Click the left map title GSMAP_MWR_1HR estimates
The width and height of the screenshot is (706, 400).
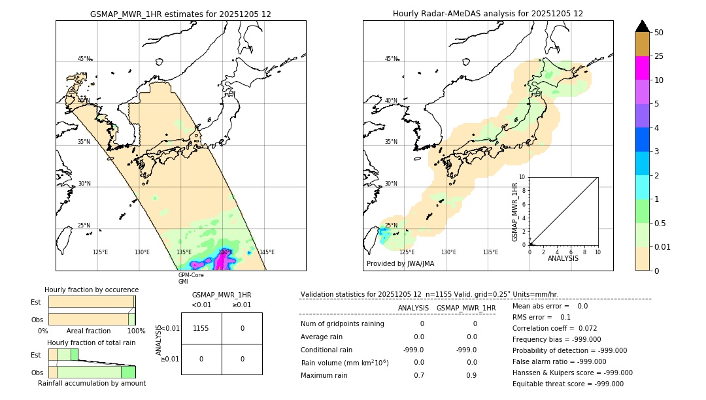(x=180, y=14)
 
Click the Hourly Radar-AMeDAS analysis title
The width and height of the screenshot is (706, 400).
(x=488, y=14)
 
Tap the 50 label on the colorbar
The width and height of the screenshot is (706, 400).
(x=659, y=33)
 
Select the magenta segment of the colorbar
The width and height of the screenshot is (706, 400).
(x=642, y=68)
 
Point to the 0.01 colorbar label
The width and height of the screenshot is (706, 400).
(x=663, y=247)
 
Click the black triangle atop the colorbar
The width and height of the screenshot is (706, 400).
(x=642, y=26)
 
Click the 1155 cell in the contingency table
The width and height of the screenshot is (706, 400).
(x=201, y=328)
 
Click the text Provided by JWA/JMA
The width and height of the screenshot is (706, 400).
(x=400, y=263)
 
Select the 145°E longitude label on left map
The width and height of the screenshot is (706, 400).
(x=266, y=252)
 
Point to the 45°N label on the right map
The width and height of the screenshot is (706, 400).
(x=391, y=59)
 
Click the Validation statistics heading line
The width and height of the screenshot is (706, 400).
(x=429, y=295)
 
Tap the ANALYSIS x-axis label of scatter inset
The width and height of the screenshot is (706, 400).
(x=563, y=259)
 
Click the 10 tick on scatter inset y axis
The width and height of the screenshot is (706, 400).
(x=523, y=177)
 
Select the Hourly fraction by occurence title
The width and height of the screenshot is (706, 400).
(x=92, y=290)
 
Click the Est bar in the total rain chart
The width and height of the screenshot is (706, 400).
(x=63, y=354)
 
